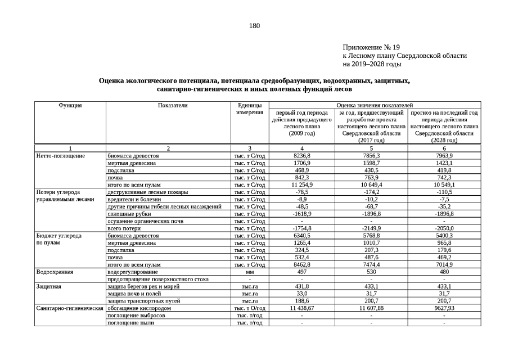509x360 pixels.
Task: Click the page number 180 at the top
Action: (254, 26)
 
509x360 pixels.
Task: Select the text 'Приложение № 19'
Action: (371, 47)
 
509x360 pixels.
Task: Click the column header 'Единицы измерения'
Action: (249, 109)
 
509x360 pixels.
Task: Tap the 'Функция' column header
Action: (70, 105)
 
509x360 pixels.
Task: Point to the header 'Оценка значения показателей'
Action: (375, 105)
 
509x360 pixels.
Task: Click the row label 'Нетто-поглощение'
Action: (60, 155)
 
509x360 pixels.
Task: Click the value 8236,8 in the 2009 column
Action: (302, 155)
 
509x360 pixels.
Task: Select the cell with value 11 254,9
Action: (302, 184)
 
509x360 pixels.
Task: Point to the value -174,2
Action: (371, 192)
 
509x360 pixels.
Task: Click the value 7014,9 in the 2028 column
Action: (444, 264)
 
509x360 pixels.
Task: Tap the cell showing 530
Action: (371, 272)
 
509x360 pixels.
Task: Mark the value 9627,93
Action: (444, 308)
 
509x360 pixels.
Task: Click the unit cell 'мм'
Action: (249, 272)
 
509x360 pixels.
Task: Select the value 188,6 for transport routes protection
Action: (302, 301)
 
